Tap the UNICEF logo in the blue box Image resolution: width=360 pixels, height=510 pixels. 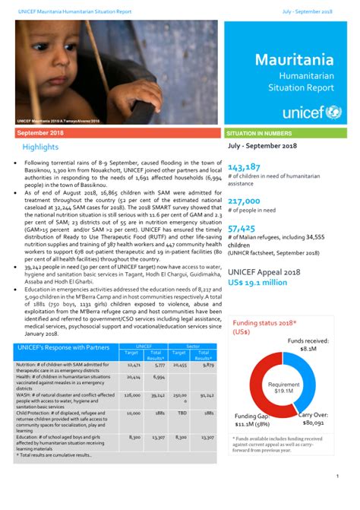[x=311, y=112]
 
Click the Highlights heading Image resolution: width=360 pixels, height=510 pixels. [x=40, y=147]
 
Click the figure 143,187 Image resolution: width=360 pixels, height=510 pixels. [x=245, y=167]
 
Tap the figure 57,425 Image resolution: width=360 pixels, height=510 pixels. [x=242, y=227]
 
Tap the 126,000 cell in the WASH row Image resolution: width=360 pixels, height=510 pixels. [x=133, y=395]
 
